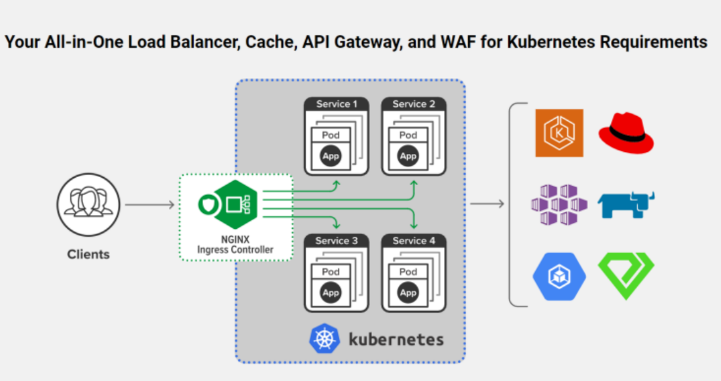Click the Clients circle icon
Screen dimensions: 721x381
coord(88,205)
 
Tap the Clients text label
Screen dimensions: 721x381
coord(88,254)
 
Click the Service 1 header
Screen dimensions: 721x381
coord(336,104)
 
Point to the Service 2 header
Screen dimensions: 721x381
coord(414,104)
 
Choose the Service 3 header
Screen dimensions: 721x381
coord(336,241)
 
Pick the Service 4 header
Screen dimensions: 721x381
coord(414,241)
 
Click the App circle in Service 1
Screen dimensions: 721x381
coord(331,156)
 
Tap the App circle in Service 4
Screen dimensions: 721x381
coord(408,293)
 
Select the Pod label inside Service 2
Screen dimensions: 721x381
coord(408,135)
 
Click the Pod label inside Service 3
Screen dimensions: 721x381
coord(331,272)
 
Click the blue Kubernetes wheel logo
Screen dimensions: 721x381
coord(324,338)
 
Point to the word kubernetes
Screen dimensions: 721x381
coord(396,339)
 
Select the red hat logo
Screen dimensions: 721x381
coord(626,133)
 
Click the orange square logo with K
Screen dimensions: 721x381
coord(559,133)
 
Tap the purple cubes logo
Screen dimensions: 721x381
coord(559,205)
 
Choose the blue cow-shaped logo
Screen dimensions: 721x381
coord(626,205)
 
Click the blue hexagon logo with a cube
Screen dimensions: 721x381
coord(559,276)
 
